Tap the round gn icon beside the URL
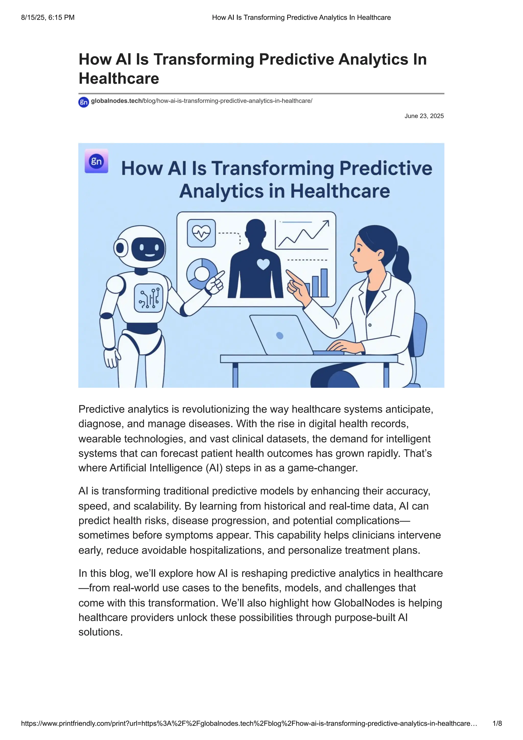84,102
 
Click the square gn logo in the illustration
96,161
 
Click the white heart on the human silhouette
263,264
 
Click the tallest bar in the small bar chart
324,283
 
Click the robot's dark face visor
148,249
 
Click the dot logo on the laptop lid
280,336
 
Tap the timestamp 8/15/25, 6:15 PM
48,17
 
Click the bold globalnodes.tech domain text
116,101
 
